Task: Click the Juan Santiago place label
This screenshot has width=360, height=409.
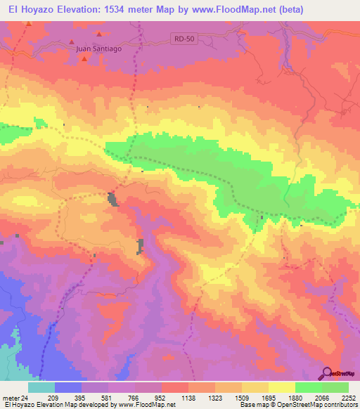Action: click(99, 48)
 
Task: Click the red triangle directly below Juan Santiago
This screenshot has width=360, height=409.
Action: click(84, 58)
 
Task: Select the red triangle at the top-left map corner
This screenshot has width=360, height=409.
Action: click(29, 23)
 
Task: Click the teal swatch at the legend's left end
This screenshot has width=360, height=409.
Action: click(41, 387)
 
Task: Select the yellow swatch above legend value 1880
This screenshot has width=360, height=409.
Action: click(282, 387)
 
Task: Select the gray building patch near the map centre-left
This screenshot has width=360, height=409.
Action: click(112, 200)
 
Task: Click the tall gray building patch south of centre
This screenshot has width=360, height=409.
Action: click(141, 246)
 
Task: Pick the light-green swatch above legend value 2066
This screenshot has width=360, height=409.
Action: click(309, 387)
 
